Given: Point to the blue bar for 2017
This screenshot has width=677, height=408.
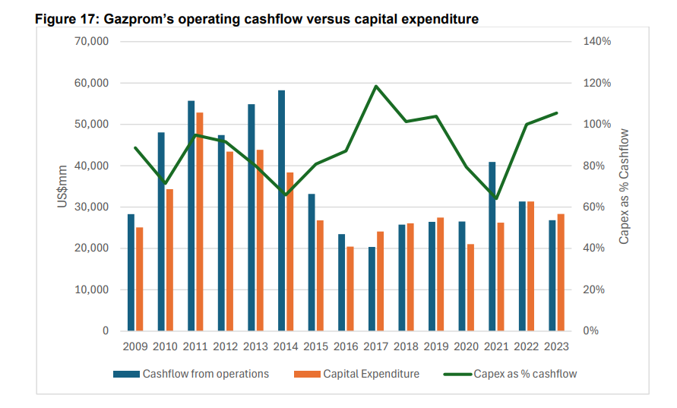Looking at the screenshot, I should (372, 289).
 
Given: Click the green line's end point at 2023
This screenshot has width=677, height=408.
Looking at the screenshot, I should (557, 113).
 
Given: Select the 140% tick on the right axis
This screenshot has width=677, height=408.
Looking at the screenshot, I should (596, 42).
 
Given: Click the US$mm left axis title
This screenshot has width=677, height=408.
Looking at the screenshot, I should (63, 186).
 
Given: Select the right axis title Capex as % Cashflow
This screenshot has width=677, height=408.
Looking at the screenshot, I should (624, 186).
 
